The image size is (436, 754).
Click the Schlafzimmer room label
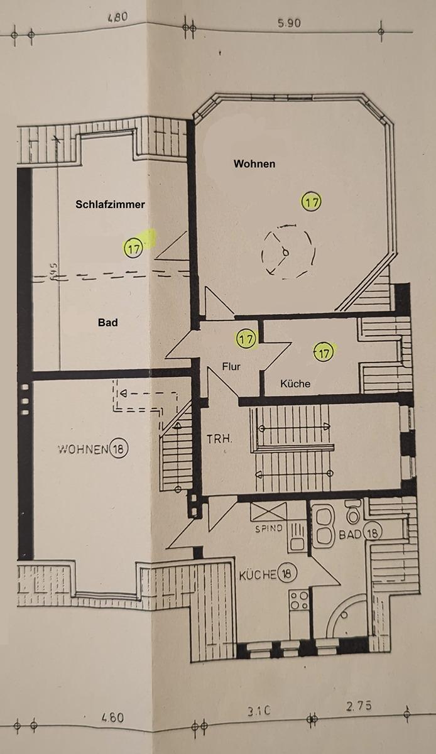(110, 204)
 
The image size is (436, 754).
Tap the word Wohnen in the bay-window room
(254, 164)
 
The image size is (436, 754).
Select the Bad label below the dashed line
(107, 322)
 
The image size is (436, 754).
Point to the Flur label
(231, 366)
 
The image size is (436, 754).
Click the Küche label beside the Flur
(295, 383)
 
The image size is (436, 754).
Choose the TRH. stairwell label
(219, 439)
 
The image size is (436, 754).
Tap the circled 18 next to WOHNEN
(119, 449)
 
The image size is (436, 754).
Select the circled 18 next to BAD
(373, 532)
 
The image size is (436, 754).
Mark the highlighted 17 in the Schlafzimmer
(134, 248)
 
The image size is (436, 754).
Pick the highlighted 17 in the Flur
(246, 339)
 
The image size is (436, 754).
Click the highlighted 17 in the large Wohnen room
(312, 202)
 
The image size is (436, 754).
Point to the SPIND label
(269, 528)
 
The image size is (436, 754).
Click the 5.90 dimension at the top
(289, 24)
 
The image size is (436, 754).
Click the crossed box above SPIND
(268, 511)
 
